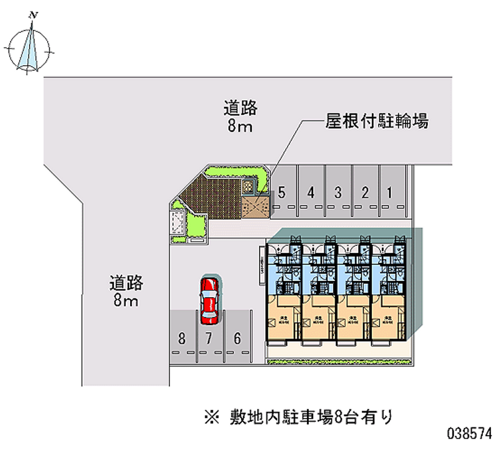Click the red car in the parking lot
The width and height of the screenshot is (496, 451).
(x=210, y=300)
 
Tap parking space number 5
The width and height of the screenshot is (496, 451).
(x=282, y=192)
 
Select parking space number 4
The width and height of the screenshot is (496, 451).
(x=310, y=192)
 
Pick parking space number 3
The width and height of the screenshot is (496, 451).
(x=338, y=192)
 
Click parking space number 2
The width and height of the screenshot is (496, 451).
(x=366, y=192)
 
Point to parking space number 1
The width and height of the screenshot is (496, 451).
(x=389, y=192)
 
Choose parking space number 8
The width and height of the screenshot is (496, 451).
(x=181, y=339)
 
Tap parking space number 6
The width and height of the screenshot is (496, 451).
(x=237, y=339)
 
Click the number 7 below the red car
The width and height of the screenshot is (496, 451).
(x=210, y=339)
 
